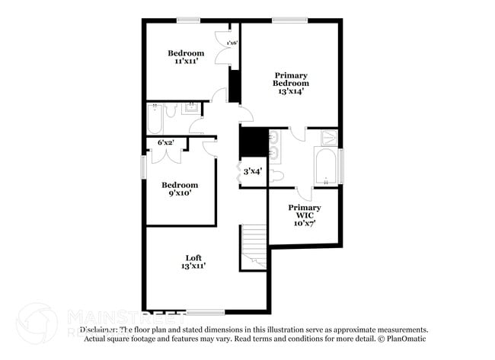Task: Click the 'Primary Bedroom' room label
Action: click(x=291, y=79)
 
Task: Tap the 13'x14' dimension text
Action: click(x=291, y=91)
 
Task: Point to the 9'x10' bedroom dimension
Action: click(x=180, y=193)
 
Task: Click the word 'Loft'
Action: click(x=193, y=257)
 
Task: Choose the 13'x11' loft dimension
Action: click(x=193, y=266)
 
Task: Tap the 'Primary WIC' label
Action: click(x=304, y=212)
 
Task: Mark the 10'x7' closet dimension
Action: click(x=304, y=223)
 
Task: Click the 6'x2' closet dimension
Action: click(x=165, y=142)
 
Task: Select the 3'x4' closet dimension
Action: click(x=252, y=171)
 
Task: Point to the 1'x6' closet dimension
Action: click(x=232, y=43)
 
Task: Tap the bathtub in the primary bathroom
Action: click(x=327, y=167)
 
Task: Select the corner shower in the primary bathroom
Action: click(x=330, y=138)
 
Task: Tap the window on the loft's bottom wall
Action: click(x=206, y=311)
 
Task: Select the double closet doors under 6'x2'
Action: click(x=165, y=155)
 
